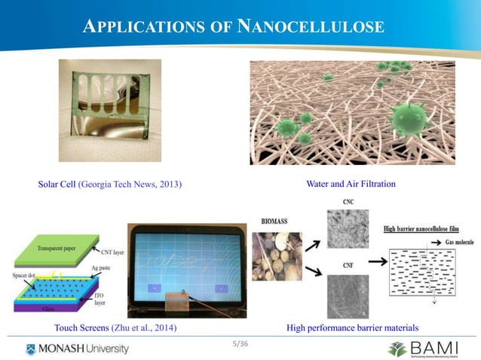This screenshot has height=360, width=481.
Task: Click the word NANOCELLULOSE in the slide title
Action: click(x=311, y=28)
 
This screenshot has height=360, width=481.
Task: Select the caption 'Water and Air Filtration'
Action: click(x=351, y=184)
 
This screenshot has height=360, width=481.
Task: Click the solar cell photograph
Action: click(x=110, y=110)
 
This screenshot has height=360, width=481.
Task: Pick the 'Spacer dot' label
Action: click(x=25, y=276)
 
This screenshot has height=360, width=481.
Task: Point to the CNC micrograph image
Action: click(x=348, y=230)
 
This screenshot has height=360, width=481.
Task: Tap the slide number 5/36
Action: click(x=240, y=344)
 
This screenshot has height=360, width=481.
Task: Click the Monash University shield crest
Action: click(x=30, y=349)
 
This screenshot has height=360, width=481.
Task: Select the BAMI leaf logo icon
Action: click(x=397, y=349)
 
